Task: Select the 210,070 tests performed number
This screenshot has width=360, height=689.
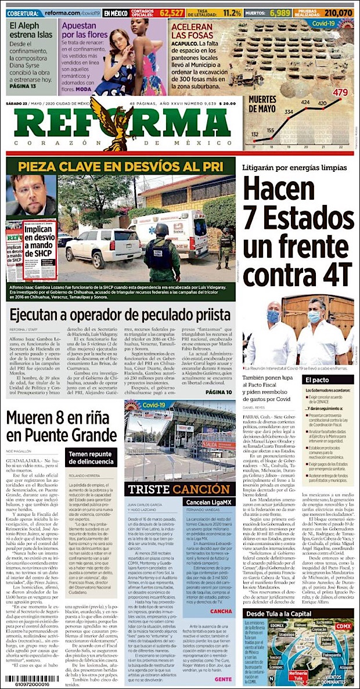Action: point(339,12)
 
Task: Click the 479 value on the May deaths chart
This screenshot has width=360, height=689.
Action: point(341,92)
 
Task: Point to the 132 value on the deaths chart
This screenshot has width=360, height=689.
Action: point(255,135)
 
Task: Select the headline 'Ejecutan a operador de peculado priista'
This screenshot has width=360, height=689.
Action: point(120,314)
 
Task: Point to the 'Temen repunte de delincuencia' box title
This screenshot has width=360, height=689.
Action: point(90,457)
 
